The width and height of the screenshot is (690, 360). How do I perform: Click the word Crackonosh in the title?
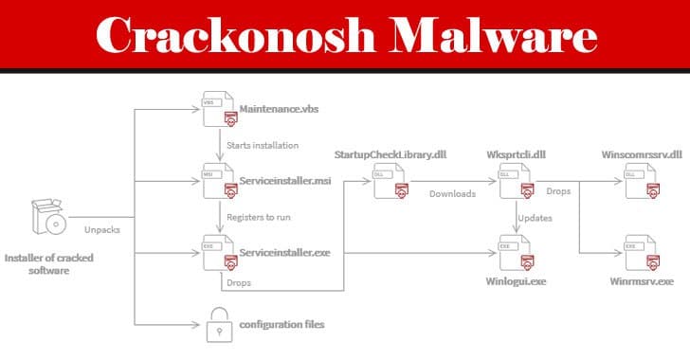(x=235, y=35)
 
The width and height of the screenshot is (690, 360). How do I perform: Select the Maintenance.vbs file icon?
(x=220, y=109)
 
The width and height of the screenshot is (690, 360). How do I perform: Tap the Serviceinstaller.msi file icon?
(x=220, y=181)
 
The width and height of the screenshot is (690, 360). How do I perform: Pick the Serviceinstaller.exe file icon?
(x=220, y=253)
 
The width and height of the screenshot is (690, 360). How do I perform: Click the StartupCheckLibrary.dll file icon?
(x=390, y=181)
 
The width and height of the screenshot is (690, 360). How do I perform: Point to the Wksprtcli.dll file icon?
(x=517, y=181)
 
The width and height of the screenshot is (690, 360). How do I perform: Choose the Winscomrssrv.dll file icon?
(x=643, y=181)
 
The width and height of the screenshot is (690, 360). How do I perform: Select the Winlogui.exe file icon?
(x=517, y=253)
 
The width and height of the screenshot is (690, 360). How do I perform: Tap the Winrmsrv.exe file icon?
(x=643, y=253)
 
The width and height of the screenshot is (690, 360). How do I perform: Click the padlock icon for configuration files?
(x=220, y=325)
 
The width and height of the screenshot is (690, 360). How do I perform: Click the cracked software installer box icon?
(x=48, y=217)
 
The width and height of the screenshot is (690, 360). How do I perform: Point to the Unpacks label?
(x=102, y=229)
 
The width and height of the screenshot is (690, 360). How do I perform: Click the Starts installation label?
(x=263, y=145)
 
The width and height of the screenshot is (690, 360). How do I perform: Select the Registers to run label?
(x=259, y=217)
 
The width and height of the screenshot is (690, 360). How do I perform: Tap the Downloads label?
(x=452, y=193)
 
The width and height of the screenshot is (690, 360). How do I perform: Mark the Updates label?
(x=536, y=218)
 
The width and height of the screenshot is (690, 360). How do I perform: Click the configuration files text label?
(x=281, y=324)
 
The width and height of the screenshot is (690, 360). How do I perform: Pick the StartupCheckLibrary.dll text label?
(x=390, y=154)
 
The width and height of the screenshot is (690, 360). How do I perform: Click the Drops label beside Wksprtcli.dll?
(x=558, y=191)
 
